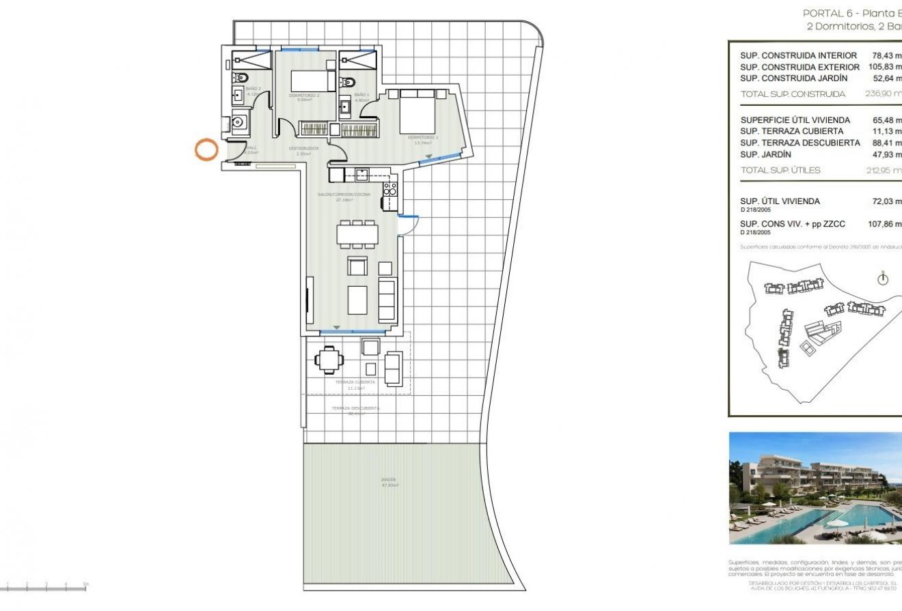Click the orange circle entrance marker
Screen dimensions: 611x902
click(206, 150)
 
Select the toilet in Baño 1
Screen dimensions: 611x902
click(347, 81)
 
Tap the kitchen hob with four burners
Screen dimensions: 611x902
click(390, 189)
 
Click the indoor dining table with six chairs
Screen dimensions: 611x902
click(357, 235)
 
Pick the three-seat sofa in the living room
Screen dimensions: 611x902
click(387, 300)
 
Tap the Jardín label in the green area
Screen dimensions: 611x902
click(389, 481)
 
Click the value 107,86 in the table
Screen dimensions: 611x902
click(884, 223)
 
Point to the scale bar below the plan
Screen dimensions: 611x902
click(45, 588)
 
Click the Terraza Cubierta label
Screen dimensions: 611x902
click(355, 382)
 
